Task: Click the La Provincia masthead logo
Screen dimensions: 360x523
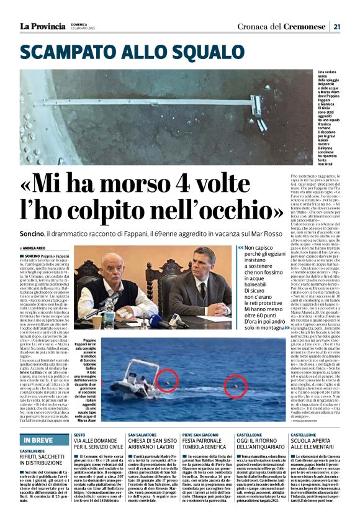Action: (42, 26)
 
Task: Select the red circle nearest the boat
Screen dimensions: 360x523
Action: (166, 380)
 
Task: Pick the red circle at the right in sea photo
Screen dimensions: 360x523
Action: (235, 386)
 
